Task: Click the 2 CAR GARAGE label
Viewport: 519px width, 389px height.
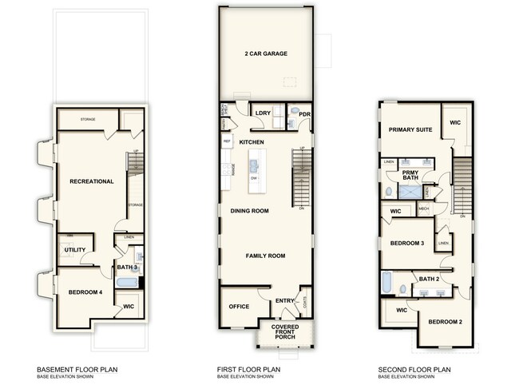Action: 266,54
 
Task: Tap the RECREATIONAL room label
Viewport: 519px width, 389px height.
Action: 91,181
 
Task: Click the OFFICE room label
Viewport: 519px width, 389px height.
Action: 240,306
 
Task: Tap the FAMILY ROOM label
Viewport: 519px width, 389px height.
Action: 265,256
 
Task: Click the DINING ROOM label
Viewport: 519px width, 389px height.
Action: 249,211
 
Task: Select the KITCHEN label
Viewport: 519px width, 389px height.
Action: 252,141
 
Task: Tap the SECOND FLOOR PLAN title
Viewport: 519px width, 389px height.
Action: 414,370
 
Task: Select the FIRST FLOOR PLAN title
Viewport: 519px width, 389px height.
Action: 248,370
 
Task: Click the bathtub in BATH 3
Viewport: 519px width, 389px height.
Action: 125,282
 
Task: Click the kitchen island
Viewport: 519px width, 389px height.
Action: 255,169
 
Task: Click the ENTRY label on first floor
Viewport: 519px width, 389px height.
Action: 284,301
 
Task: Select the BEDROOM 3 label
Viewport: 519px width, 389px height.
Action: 406,243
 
